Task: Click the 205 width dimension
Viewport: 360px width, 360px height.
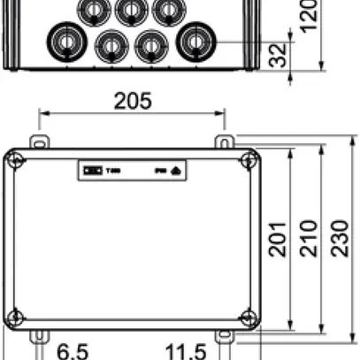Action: (x=133, y=101)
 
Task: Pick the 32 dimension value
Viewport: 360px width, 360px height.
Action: (x=278, y=57)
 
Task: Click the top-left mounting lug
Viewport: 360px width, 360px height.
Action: (x=38, y=142)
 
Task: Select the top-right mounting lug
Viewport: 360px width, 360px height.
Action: (x=226, y=142)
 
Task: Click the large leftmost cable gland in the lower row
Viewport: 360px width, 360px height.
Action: (x=64, y=41)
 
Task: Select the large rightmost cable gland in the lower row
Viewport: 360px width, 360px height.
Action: (x=194, y=41)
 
